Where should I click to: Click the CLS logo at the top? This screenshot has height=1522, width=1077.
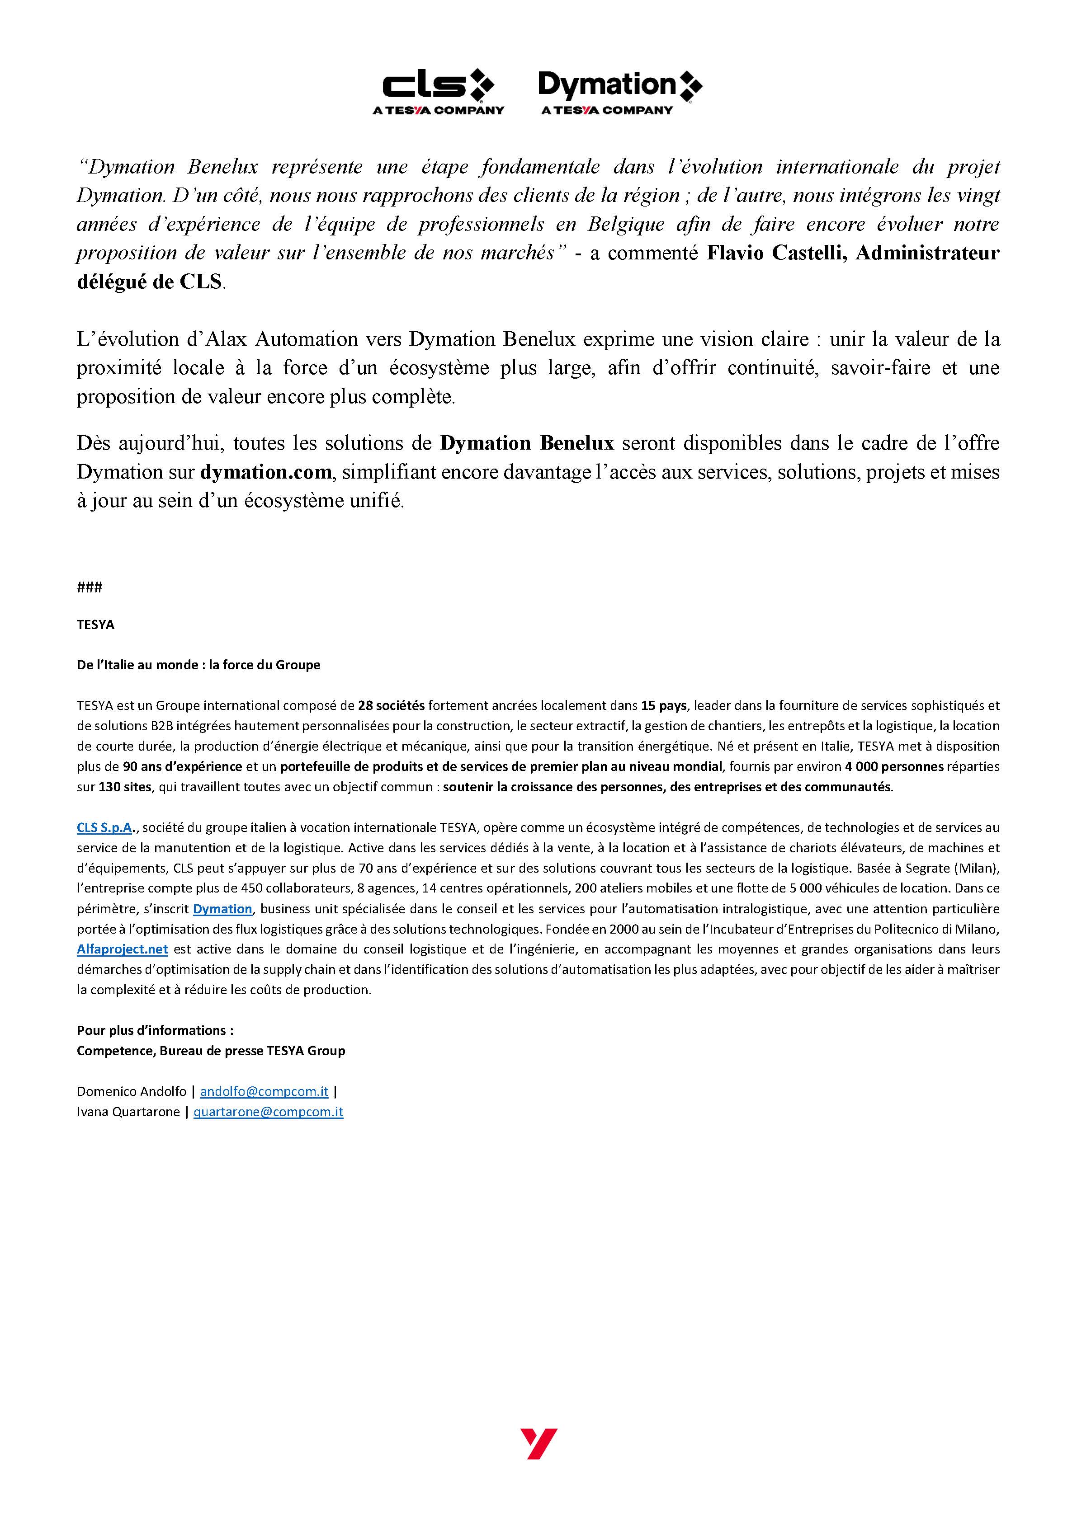click(438, 91)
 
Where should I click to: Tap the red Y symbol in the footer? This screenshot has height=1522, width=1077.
click(538, 1443)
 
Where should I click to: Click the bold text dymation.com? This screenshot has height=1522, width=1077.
click(265, 472)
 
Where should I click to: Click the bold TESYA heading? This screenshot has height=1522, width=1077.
click(95, 625)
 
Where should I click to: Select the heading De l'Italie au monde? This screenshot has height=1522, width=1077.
click(198, 665)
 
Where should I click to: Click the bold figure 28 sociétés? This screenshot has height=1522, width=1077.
click(391, 705)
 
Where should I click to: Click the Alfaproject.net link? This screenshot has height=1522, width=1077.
click(122, 949)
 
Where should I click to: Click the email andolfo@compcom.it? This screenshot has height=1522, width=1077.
click(264, 1091)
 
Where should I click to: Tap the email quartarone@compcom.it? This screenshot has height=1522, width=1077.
click(268, 1112)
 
